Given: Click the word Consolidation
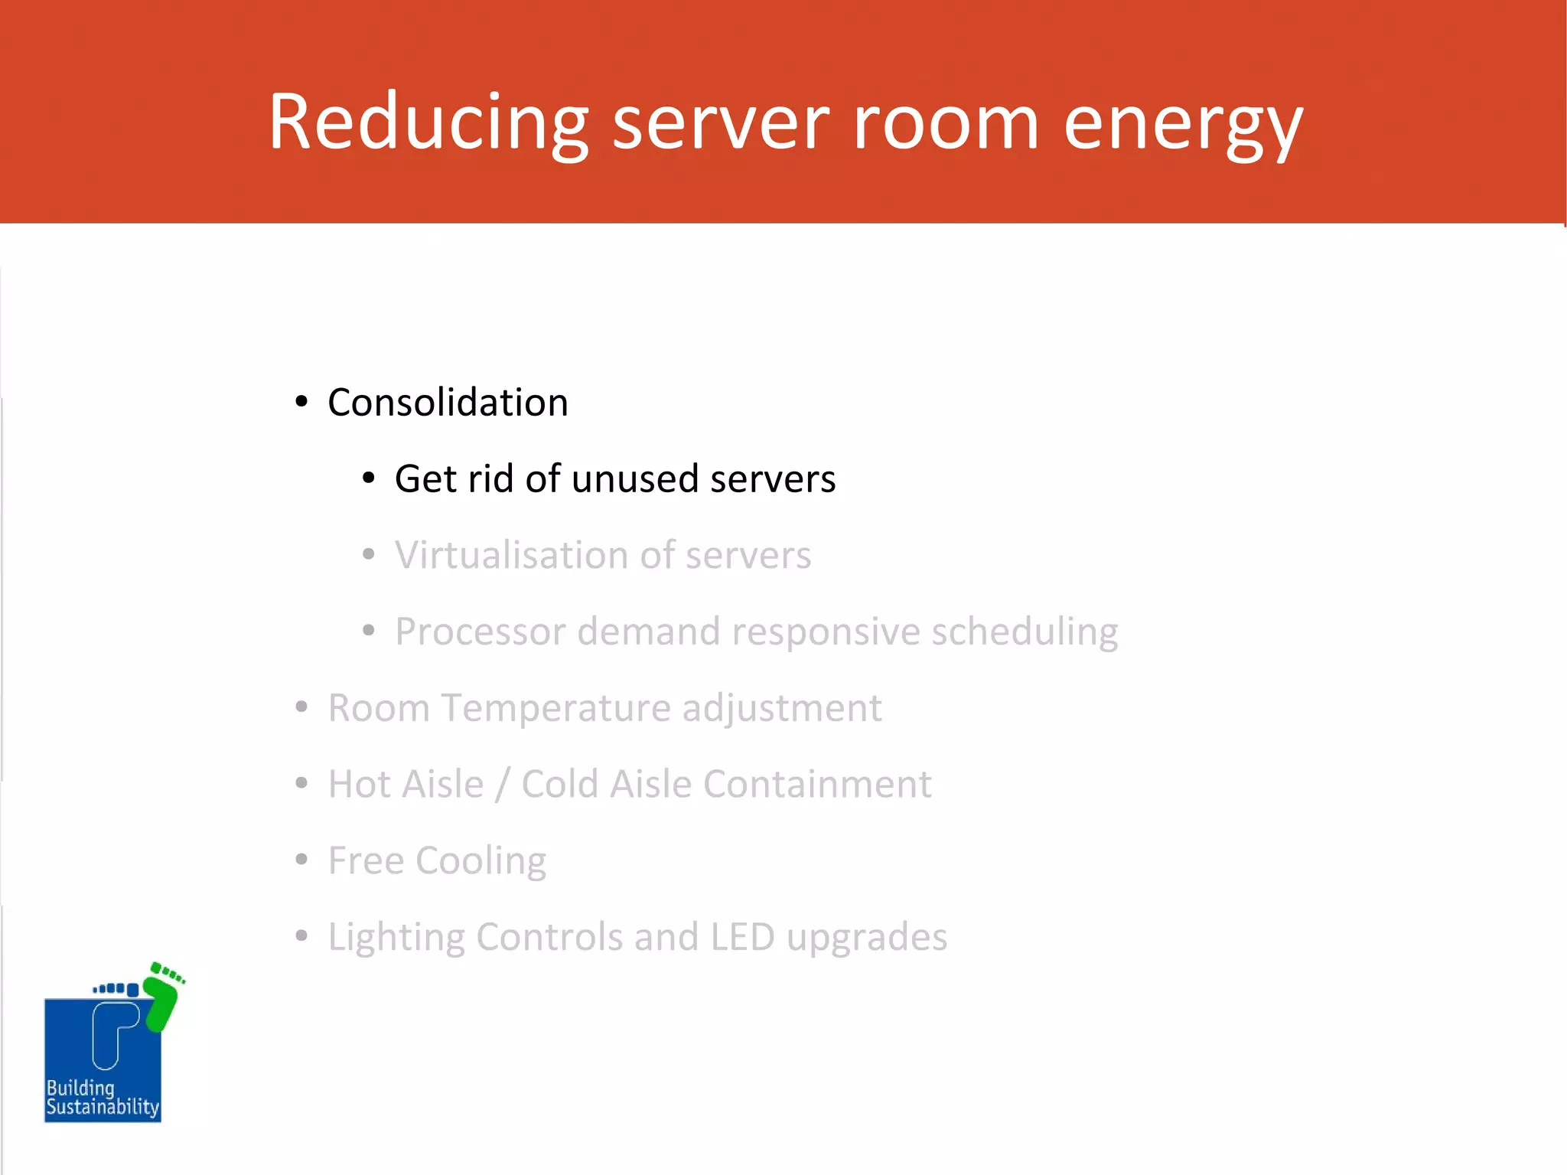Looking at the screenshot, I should click(x=448, y=403).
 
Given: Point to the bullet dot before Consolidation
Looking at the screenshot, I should click(x=301, y=402).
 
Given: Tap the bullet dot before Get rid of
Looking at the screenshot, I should click(x=369, y=478).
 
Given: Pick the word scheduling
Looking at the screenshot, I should click(x=1024, y=633).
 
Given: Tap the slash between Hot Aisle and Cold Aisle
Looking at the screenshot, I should click(x=502, y=785).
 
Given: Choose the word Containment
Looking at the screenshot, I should click(x=816, y=785).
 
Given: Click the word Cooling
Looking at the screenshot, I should click(x=481, y=862).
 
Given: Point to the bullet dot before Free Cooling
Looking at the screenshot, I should click(x=301, y=860).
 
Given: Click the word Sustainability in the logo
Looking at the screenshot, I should click(x=103, y=1107).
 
